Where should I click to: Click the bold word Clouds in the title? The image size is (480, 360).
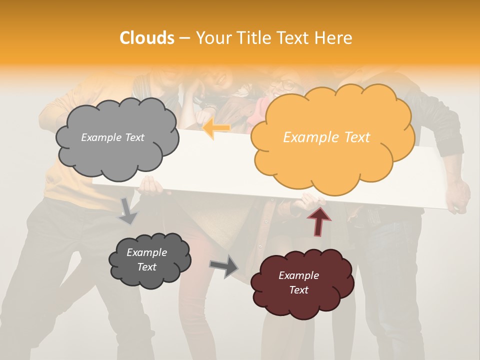tap(147, 38)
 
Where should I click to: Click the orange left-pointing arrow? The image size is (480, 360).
tap(216, 128)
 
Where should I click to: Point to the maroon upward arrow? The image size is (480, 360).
tap(319, 220)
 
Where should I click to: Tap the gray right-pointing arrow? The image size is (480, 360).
tap(224, 265)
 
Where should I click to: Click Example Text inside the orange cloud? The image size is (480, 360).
tap(326, 137)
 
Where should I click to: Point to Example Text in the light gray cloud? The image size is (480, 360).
tap(112, 137)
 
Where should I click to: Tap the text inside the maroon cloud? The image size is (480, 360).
tap(298, 282)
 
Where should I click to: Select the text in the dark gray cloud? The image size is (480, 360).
tap(146, 259)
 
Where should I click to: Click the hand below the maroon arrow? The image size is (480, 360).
tap(311, 201)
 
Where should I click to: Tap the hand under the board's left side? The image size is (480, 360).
tap(151, 186)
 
